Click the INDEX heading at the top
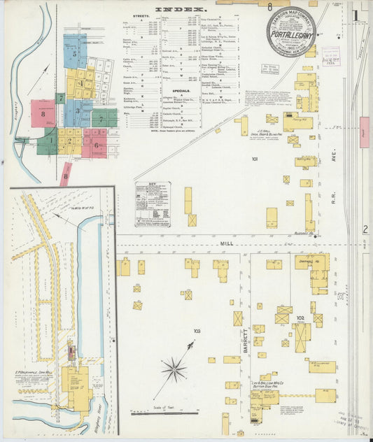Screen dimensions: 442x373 click(x=181, y=10)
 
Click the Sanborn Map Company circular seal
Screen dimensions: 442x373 click(x=290, y=31)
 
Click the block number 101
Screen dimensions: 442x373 click(x=255, y=159)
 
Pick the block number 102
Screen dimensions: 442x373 click(x=301, y=319)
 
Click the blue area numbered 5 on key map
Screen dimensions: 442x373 click(x=75, y=52)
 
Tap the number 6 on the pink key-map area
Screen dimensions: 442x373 click(x=95, y=145)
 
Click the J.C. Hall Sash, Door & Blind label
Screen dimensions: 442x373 click(x=283, y=135)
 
